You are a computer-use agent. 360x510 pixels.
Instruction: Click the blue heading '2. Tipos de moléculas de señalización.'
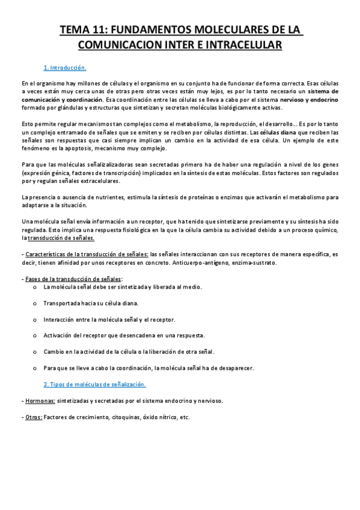[x=95, y=383]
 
